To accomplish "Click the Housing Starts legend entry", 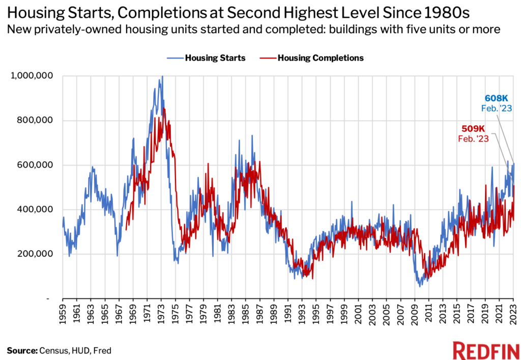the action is (207, 58).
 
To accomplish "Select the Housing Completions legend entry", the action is (311, 58).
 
